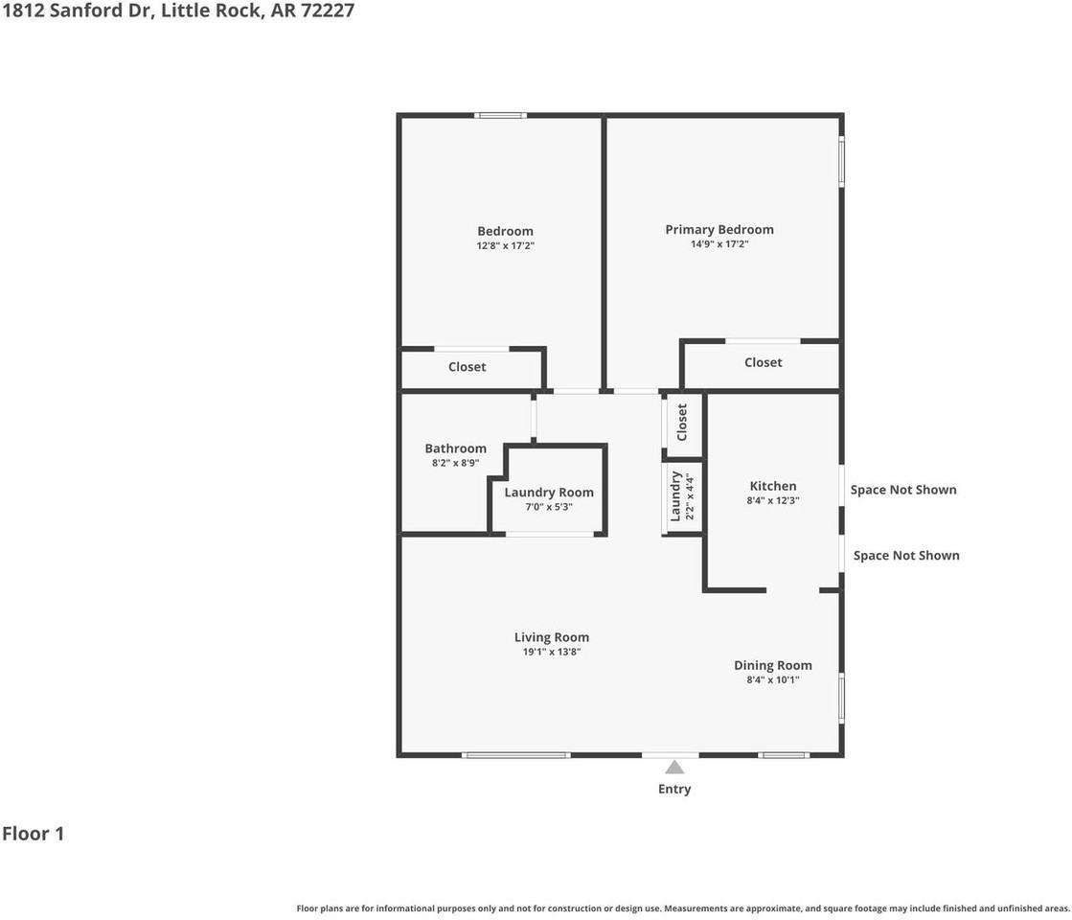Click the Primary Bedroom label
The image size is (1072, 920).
tap(719, 229)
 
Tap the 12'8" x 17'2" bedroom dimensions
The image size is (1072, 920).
tap(505, 246)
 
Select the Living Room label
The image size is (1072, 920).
tap(551, 637)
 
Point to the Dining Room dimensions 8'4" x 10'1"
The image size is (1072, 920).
tap(772, 680)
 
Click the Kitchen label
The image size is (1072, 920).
tap(772, 486)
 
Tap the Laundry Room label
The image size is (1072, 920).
tap(549, 493)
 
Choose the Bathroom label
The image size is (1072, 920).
tap(455, 448)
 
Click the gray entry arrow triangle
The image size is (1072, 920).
tap(674, 767)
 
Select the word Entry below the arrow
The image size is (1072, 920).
tap(674, 790)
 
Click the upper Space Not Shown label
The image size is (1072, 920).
tap(903, 490)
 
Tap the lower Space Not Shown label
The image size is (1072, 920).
tap(906, 556)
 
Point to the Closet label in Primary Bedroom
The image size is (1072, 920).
tap(763, 362)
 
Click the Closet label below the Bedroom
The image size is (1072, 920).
tap(467, 367)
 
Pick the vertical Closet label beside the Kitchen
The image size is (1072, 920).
tap(682, 422)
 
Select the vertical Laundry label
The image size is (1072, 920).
tap(674, 495)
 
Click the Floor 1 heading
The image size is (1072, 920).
tap(33, 834)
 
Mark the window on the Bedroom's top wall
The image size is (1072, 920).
tap(501, 116)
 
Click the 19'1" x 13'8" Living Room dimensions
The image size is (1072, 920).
tap(551, 653)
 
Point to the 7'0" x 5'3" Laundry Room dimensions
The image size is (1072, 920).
tap(549, 507)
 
